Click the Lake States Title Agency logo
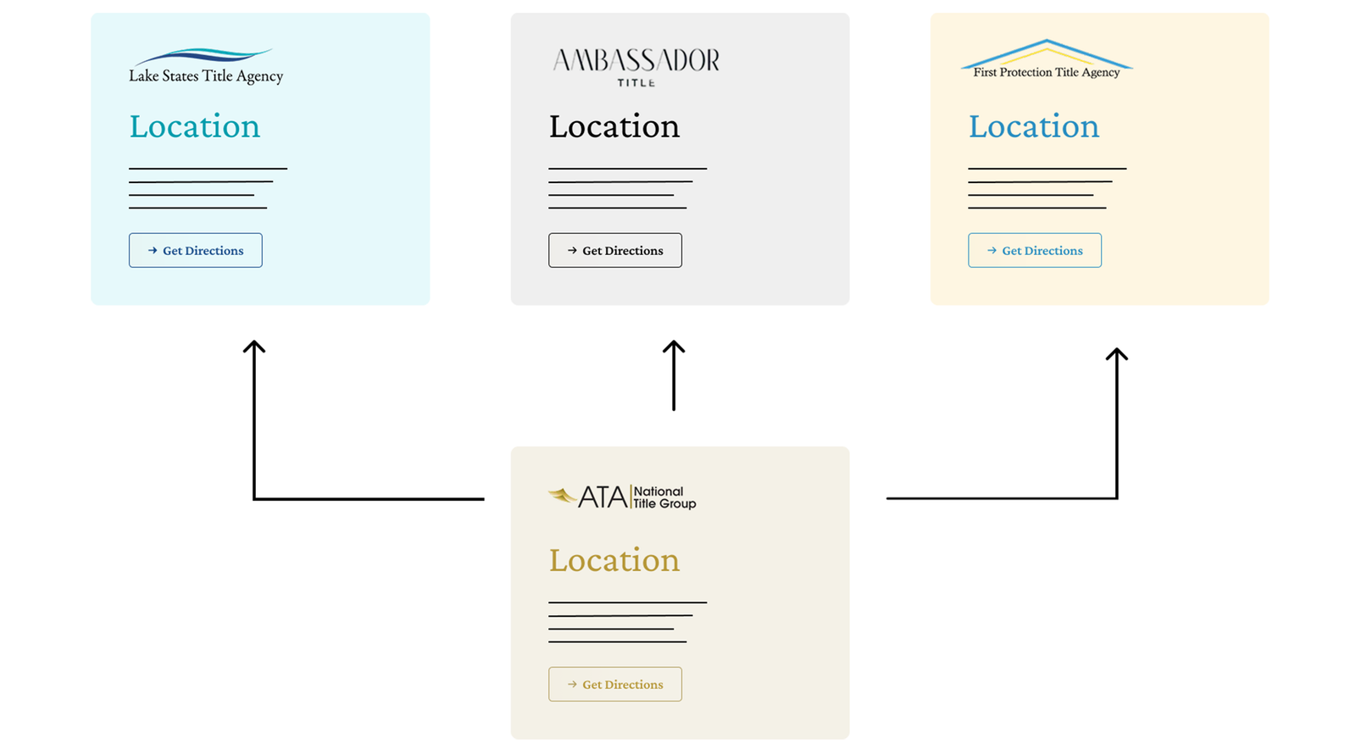tap(206, 66)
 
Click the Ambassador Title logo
tap(636, 67)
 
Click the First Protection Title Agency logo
tap(1047, 59)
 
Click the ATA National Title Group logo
tap(622, 497)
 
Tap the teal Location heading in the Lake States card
tap(194, 126)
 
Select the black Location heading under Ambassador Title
tap(614, 126)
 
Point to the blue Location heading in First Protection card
tap(1033, 126)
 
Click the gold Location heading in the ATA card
tap(614, 560)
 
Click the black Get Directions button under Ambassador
tap(615, 251)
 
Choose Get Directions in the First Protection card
tap(1035, 251)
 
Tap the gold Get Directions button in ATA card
tap(615, 685)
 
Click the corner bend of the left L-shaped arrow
tap(254, 499)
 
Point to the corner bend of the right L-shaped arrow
tap(1117, 498)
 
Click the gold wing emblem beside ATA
tap(563, 497)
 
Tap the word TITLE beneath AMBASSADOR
tap(636, 83)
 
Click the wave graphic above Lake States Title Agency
tap(203, 56)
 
